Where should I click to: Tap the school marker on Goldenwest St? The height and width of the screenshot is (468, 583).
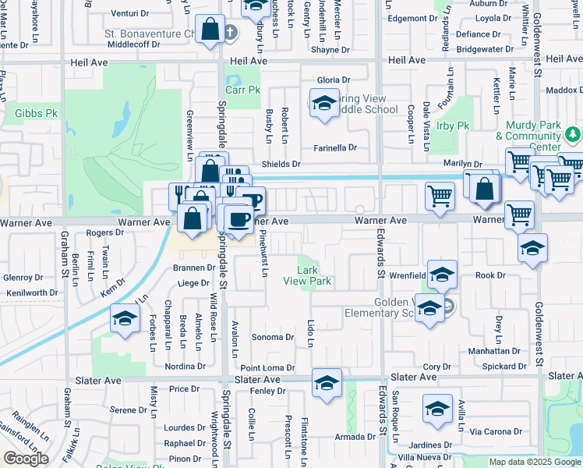pos(533,249)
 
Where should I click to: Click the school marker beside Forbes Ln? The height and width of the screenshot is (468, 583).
pos(124,319)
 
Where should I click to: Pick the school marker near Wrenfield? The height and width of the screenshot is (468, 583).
pos(442,275)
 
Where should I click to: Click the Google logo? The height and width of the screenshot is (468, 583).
pos(26,459)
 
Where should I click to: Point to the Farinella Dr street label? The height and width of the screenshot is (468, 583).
pos(335,147)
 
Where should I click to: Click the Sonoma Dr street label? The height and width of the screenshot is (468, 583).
pos(273,338)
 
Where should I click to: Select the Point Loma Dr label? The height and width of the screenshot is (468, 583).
pos(267,367)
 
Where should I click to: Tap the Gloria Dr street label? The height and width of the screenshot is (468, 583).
pos(334,80)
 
